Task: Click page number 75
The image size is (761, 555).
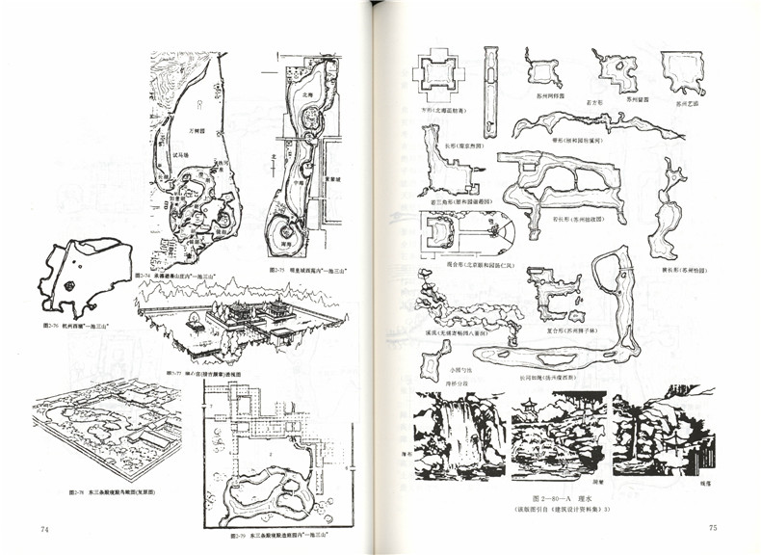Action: [713, 527]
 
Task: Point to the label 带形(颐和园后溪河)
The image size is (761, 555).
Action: [576, 141]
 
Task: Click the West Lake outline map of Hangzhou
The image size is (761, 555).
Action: [85, 275]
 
